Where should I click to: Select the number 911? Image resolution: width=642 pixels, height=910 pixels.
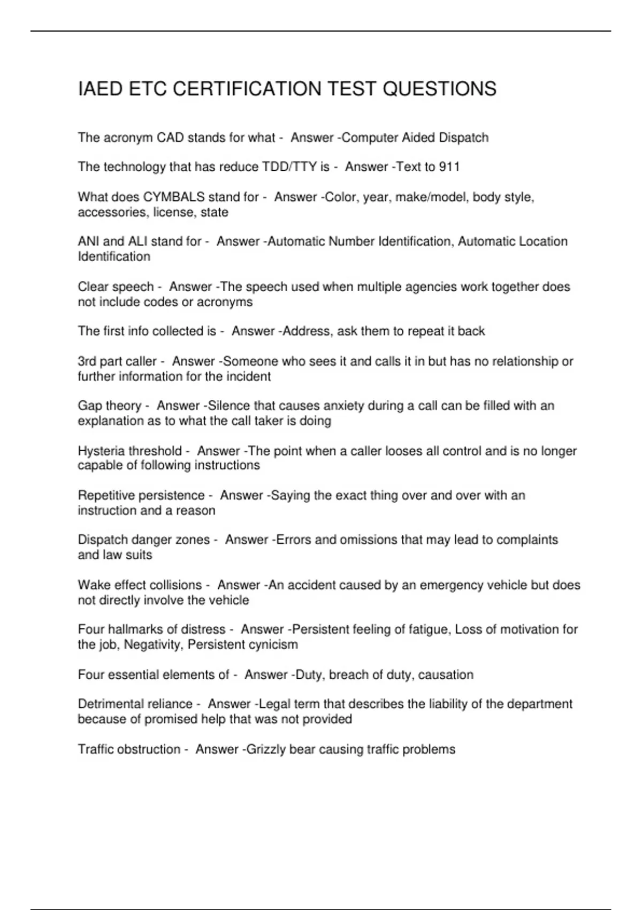[x=449, y=167]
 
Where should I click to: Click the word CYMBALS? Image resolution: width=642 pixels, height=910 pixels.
[x=174, y=197]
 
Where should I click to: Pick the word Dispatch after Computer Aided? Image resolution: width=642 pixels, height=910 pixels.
[x=463, y=138]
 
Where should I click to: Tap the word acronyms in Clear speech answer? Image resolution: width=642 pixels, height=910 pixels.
[x=225, y=302]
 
